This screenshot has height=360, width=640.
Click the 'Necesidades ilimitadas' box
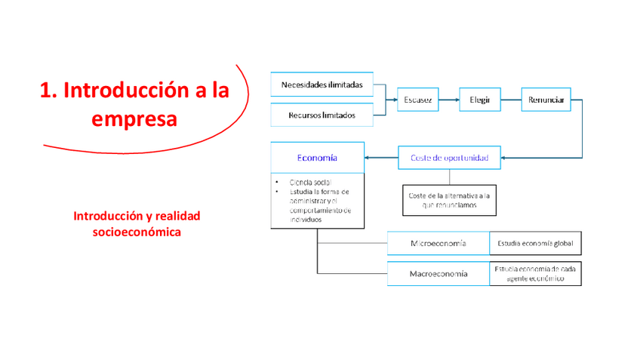pos(322,85)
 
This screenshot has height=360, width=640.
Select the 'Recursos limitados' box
pos(322,115)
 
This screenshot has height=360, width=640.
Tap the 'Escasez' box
pos(417,100)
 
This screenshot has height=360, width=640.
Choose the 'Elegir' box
pos(480,100)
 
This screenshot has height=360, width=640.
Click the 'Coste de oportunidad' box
pos(449,158)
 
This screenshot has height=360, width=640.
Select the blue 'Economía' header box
pos(317,158)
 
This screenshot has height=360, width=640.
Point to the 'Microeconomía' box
pos(438,244)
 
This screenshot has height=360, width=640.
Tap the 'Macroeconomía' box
pos(438,273)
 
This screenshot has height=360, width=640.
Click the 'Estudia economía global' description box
pos(535,244)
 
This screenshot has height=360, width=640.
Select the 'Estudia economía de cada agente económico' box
pos(535,273)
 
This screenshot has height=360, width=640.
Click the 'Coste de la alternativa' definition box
pos(449,201)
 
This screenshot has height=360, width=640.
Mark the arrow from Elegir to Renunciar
pos(512,100)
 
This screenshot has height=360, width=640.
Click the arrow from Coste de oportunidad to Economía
pos(381,158)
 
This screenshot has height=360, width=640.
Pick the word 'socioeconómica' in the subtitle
pos(137,232)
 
